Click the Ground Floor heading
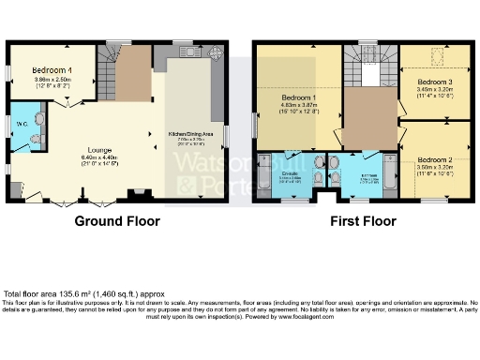tap(117, 222)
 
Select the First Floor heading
tap(362, 222)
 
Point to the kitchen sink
tap(184, 52)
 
